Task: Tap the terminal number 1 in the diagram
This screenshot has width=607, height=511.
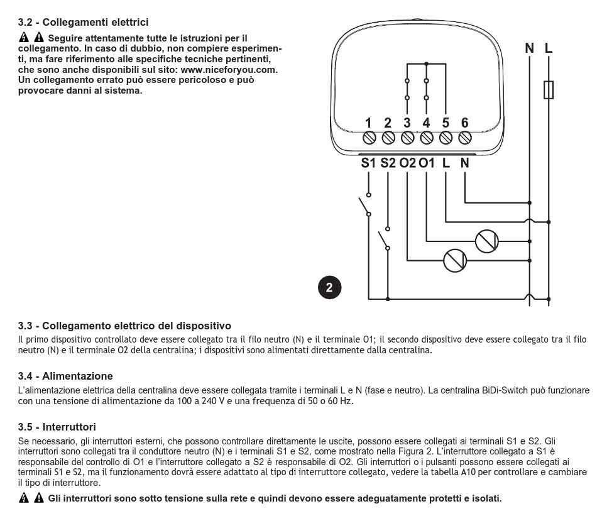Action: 369,123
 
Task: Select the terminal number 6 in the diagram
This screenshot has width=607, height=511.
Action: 464,123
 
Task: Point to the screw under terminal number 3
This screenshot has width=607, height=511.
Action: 407,136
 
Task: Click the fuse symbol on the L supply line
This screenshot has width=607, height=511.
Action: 549,90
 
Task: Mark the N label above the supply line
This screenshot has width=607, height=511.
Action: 530,48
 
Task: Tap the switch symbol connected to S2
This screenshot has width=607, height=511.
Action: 383,238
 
